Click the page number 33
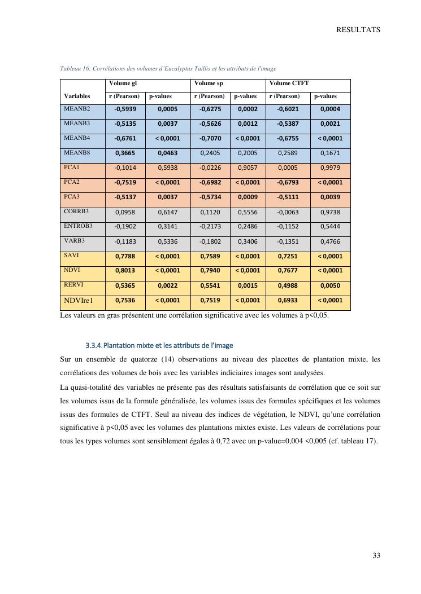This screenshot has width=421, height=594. coord(376,556)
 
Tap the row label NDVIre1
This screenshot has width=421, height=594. coord(78,301)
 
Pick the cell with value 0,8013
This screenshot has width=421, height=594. coord(125,271)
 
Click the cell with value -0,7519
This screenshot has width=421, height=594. coord(125,182)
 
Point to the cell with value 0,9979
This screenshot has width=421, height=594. coord(330,168)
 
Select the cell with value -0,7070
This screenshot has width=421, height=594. coord(210,138)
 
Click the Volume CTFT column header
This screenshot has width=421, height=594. coord(289,83)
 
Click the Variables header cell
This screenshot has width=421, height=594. coord(77,96)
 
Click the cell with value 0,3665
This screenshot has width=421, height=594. coord(125,153)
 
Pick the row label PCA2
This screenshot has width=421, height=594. coord(72,182)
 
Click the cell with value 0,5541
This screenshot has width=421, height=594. coord(210,285)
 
